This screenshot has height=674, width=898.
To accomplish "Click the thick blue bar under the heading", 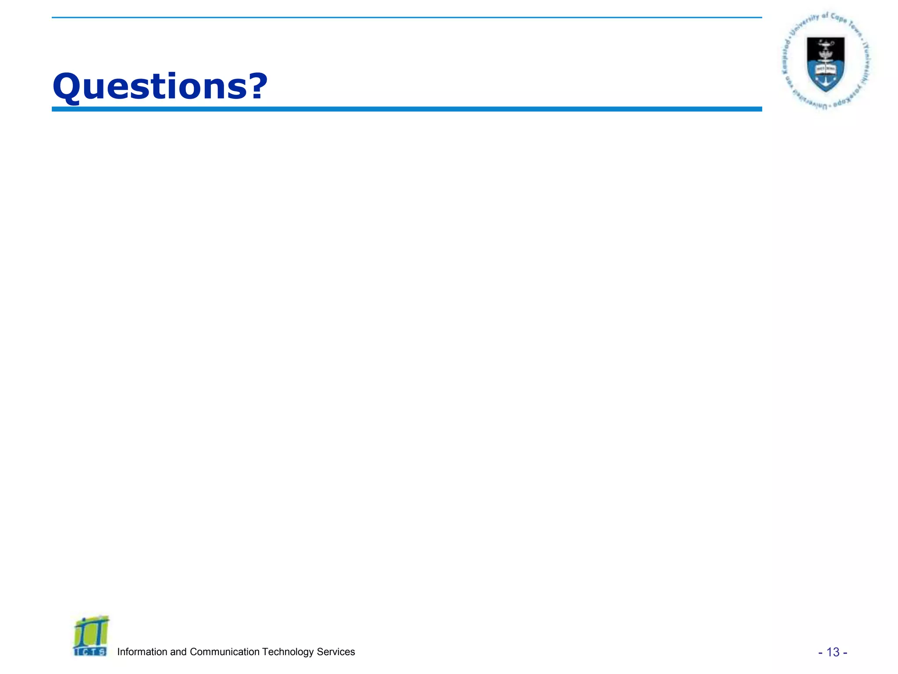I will pos(406,109).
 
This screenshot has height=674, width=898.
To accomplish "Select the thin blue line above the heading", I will pos(406,18).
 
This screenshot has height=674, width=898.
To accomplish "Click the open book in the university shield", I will pos(826,69).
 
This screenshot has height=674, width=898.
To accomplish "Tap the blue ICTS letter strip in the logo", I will pos(90,652).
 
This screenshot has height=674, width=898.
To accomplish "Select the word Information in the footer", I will pos(142,652).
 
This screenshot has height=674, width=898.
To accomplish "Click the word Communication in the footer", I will pos(224,652).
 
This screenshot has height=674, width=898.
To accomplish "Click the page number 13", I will pos(833,652).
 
